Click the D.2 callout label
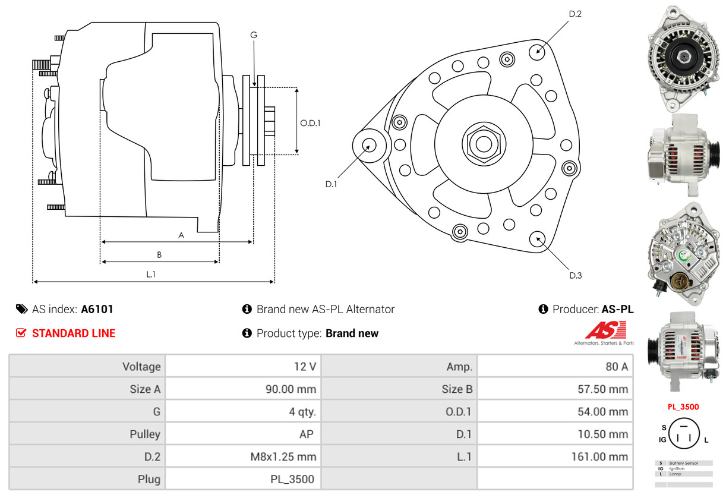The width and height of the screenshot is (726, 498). [x=575, y=14]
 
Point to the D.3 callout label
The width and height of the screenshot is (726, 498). [x=575, y=275]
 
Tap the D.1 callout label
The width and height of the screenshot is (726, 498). [x=331, y=184]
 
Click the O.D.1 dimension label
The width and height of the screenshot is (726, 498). [x=310, y=124]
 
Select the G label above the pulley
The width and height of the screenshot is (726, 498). [x=254, y=35]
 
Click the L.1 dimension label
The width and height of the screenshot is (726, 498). [x=151, y=274]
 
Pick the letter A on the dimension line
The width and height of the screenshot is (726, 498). [x=181, y=235]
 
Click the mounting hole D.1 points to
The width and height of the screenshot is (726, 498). [x=369, y=145]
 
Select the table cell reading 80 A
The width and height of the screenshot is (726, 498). [x=555, y=367]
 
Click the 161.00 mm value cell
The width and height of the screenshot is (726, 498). [x=555, y=456]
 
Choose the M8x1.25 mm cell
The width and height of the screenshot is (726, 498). [x=243, y=456]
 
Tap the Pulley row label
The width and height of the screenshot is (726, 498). [x=87, y=434]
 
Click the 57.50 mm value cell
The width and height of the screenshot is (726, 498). [x=555, y=389]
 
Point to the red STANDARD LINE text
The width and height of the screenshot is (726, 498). [x=74, y=333]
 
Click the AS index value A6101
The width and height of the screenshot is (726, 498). [x=97, y=309]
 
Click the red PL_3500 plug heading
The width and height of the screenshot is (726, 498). [x=683, y=407]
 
